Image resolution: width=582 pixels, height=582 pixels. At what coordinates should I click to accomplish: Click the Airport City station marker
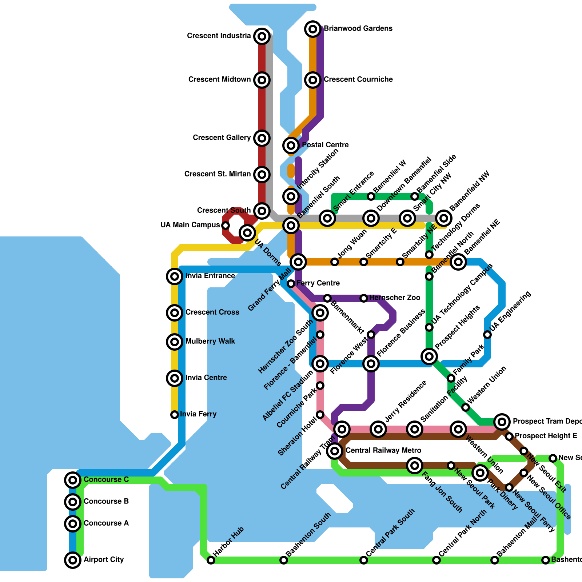(x=73, y=560)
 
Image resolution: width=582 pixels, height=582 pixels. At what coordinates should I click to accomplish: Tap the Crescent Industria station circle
(x=262, y=36)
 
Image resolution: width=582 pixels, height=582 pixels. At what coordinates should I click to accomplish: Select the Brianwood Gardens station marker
(x=313, y=29)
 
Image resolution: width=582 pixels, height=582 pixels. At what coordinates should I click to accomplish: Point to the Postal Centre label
(x=325, y=145)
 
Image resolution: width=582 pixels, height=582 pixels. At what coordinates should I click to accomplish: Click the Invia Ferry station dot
(x=175, y=414)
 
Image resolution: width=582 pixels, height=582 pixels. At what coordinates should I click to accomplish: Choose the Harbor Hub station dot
(x=211, y=560)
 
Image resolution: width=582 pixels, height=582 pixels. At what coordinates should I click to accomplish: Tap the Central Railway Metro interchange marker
(x=335, y=451)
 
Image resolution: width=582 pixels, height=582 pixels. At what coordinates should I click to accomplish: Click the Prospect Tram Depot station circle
(x=502, y=422)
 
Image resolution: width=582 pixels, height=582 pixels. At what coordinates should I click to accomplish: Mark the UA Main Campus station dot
(x=226, y=226)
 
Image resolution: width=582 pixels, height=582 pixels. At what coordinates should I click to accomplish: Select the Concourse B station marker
(x=73, y=502)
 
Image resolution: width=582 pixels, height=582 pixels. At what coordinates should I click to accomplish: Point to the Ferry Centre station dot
(x=291, y=283)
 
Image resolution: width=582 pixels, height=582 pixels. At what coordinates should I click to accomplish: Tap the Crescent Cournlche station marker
(x=313, y=80)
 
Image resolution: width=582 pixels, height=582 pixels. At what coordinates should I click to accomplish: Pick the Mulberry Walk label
(x=210, y=342)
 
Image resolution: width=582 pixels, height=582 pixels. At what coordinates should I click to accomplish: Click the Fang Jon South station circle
(x=415, y=466)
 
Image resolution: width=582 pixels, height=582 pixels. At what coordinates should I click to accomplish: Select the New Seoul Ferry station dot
(x=509, y=487)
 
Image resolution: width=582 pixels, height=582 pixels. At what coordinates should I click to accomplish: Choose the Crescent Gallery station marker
(x=262, y=138)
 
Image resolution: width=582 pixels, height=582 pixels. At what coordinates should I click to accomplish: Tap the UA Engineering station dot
(x=487, y=335)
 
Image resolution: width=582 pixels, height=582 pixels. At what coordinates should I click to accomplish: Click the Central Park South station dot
(x=364, y=560)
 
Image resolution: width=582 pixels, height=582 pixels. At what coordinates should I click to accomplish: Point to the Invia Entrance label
(x=210, y=276)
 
